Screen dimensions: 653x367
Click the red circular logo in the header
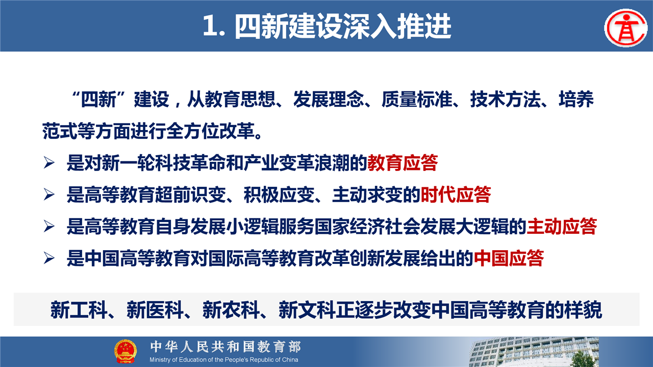(625, 28)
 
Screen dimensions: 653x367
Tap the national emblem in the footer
(125, 351)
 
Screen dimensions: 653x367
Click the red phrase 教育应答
(403, 163)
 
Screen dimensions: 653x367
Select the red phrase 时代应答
(456, 194)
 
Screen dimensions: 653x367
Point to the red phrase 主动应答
(562, 227)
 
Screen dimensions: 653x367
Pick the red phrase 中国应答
(509, 258)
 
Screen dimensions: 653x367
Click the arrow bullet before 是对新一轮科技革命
(49, 163)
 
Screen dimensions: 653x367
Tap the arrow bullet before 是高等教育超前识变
(49, 194)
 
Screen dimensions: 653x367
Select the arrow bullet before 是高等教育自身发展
(49, 227)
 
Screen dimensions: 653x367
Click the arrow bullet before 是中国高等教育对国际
(49, 258)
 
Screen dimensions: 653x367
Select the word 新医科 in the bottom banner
(155, 310)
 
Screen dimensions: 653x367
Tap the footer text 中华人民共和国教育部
(225, 347)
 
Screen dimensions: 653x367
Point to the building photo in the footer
(534, 352)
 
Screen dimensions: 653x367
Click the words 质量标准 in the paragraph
(417, 100)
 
